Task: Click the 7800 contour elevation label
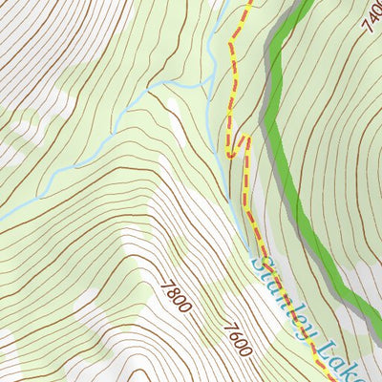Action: coord(177,297)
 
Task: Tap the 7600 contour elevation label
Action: coord(238,340)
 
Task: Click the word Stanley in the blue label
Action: coord(282,292)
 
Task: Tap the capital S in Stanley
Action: coord(261,258)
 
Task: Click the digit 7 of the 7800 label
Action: coord(168,285)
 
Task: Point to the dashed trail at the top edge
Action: coord(249,4)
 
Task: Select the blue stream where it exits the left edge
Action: coord(3,218)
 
